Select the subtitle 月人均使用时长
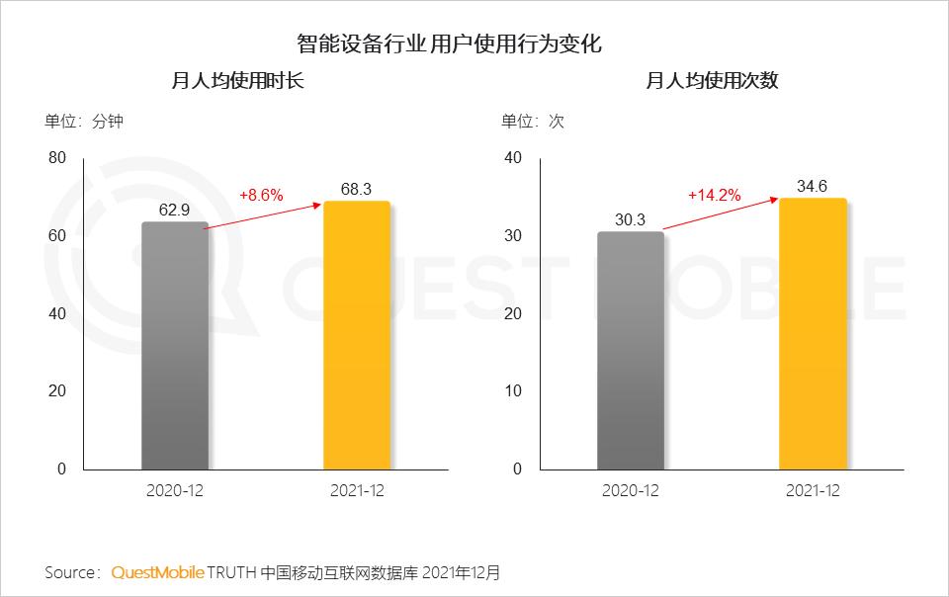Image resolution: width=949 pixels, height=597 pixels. point(237,81)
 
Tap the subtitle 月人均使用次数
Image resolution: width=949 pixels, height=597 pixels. point(713,81)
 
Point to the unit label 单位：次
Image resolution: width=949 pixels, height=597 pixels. point(533,122)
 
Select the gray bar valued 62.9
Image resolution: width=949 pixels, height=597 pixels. point(175,346)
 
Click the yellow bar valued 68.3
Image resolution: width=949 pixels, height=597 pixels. point(357,336)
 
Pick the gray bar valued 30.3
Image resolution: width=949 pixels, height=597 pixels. point(631,351)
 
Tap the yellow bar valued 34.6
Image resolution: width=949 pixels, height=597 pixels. point(813,334)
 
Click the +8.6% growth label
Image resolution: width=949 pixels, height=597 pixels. point(261,195)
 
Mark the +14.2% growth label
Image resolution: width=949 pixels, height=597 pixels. point(714,195)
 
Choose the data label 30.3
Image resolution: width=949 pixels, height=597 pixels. point(630,219)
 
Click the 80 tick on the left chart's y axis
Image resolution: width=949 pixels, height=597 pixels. point(57,158)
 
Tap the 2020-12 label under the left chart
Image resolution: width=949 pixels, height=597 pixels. point(174,491)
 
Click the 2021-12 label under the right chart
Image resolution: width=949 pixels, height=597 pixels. point(813,491)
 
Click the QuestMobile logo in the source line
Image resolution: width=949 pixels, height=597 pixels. point(158,572)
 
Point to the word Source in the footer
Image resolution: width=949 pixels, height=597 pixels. point(70,572)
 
